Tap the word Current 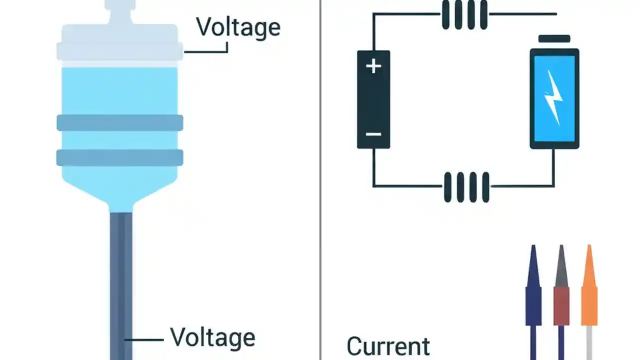pyautogui.click(x=388, y=346)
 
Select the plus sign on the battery pyautogui.click(x=373, y=66)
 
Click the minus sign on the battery pyautogui.click(x=373, y=134)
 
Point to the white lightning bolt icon pyautogui.click(x=553, y=97)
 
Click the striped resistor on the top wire pyautogui.click(x=465, y=14)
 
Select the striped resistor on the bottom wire pyautogui.click(x=466, y=186)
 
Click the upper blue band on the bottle pyautogui.click(x=120, y=122)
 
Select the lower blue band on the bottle pyautogui.click(x=120, y=157)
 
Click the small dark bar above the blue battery pyautogui.click(x=554, y=39)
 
